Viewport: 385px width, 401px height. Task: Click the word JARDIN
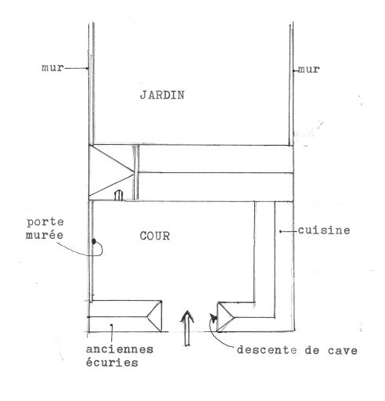[162, 95]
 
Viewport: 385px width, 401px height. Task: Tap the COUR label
[155, 237]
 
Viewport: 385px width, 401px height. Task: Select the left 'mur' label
[52, 68]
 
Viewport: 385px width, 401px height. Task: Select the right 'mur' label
[309, 70]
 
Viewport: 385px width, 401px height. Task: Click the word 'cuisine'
[324, 230]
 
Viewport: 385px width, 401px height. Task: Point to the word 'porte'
[45, 222]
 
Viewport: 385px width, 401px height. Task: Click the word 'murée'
[45, 235]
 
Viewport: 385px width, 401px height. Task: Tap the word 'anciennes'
[120, 349]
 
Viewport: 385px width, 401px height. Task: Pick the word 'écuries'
[112, 362]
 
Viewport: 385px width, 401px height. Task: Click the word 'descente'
[267, 350]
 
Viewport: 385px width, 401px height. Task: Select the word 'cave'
[343, 350]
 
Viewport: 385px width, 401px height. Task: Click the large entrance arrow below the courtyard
[187, 328]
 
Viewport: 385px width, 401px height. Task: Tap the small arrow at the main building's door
[118, 195]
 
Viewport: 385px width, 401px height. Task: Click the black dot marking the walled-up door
[94, 241]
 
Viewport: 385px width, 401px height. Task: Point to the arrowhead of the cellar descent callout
[214, 318]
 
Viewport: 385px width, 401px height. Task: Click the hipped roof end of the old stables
[155, 316]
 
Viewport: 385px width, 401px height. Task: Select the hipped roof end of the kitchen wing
[225, 317]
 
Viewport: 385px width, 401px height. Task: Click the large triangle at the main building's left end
[111, 172]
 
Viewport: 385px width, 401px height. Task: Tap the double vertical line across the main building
[135, 172]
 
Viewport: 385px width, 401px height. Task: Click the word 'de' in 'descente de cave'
[312, 350]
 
